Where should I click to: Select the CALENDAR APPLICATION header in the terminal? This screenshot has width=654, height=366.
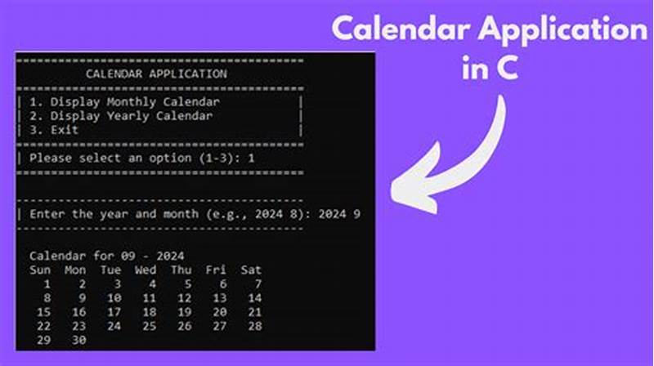coord(156,74)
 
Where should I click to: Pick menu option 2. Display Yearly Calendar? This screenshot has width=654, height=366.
coord(121,116)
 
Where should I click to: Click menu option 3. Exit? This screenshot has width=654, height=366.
coord(54,129)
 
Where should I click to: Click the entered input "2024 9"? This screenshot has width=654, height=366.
coord(342,214)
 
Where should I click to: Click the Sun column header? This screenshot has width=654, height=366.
coord(41,270)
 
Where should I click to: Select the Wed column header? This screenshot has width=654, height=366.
coord(146,270)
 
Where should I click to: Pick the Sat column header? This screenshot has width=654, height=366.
coord(252,270)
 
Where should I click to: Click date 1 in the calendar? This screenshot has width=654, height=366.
coord(47,283)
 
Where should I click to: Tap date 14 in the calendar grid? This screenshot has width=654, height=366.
coord(255,297)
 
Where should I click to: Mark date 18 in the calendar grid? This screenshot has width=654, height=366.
coord(150,311)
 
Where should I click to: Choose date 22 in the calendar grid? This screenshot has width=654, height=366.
coord(44,325)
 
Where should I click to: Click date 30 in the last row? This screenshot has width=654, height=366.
coord(79,339)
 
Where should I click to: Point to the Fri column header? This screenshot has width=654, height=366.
coord(217,270)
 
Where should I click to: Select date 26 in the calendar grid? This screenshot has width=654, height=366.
coord(185,325)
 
